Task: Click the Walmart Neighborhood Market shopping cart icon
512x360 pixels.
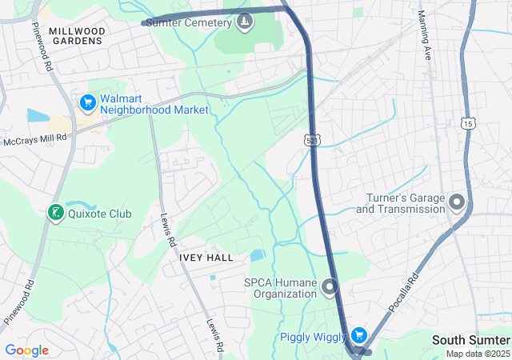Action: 87,102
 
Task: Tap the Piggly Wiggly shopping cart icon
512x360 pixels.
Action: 359,336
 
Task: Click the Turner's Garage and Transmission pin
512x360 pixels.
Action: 457,202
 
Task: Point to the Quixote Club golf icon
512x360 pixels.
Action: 54,214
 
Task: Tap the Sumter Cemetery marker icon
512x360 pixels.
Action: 246,22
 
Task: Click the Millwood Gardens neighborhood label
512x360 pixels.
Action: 75,35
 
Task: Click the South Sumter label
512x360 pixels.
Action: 470,340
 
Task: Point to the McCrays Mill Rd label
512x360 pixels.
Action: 34,141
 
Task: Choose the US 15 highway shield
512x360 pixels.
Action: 468,122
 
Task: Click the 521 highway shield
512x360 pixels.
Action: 312,140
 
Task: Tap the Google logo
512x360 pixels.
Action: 26,350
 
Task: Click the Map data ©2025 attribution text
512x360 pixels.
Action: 478,354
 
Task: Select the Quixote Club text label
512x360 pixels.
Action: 100,214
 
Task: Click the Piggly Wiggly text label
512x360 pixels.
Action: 313,337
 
